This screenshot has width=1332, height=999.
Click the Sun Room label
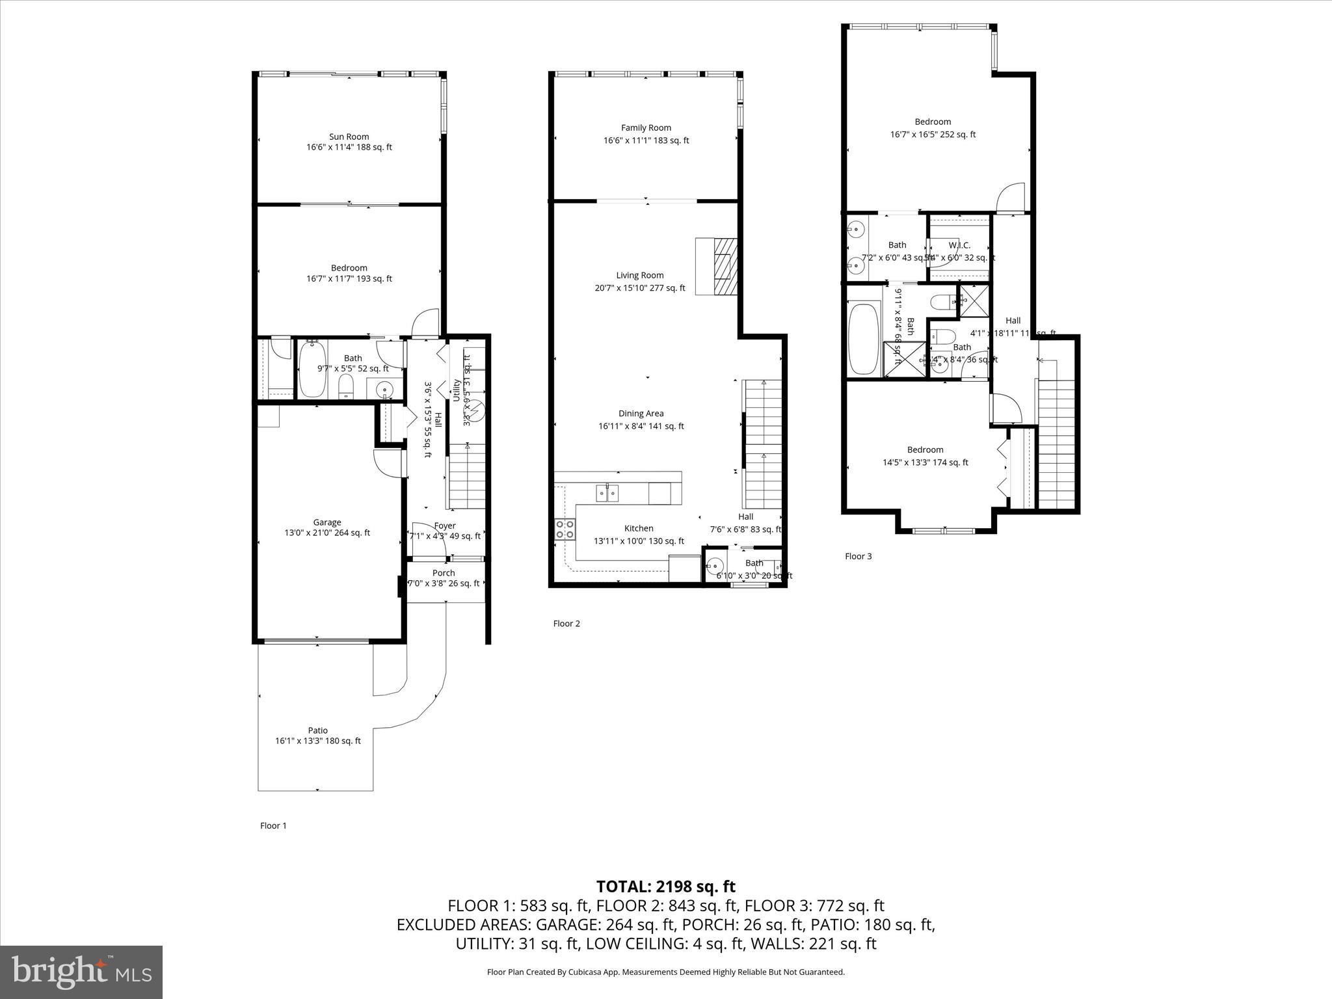pyautogui.click(x=349, y=137)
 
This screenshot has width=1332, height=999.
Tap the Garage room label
pyautogui.click(x=327, y=522)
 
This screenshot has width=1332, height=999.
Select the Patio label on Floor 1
pyautogui.click(x=318, y=730)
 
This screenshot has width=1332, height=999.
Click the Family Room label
pyautogui.click(x=646, y=128)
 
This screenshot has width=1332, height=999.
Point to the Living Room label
pyautogui.click(x=640, y=276)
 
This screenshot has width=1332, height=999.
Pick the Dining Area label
pyautogui.click(x=641, y=414)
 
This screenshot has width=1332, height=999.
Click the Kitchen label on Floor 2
pyautogui.click(x=639, y=529)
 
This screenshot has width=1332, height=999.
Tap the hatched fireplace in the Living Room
pyautogui.click(x=725, y=267)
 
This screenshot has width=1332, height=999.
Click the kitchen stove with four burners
pyautogui.click(x=565, y=529)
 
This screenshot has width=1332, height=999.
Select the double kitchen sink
pyautogui.click(x=607, y=493)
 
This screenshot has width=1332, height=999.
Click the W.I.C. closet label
pyautogui.click(x=959, y=246)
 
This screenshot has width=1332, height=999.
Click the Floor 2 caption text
pyautogui.click(x=566, y=624)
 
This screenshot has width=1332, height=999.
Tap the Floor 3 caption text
pyautogui.click(x=858, y=557)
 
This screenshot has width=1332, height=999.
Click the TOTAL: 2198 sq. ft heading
pyautogui.click(x=665, y=886)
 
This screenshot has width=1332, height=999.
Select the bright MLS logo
pyautogui.click(x=81, y=972)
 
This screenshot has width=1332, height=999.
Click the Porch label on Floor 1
pyautogui.click(x=444, y=574)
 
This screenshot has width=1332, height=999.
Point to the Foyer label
pyautogui.click(x=445, y=526)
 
